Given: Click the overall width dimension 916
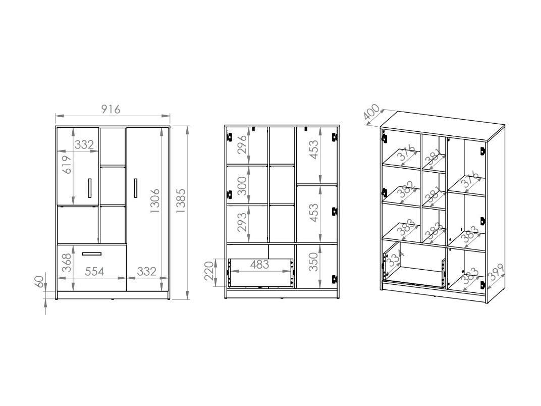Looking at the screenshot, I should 111,109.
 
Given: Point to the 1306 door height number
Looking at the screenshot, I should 155,200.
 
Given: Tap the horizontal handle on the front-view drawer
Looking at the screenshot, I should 91,253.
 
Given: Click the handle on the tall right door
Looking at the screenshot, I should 136,188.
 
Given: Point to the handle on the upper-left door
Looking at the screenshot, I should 89,188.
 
